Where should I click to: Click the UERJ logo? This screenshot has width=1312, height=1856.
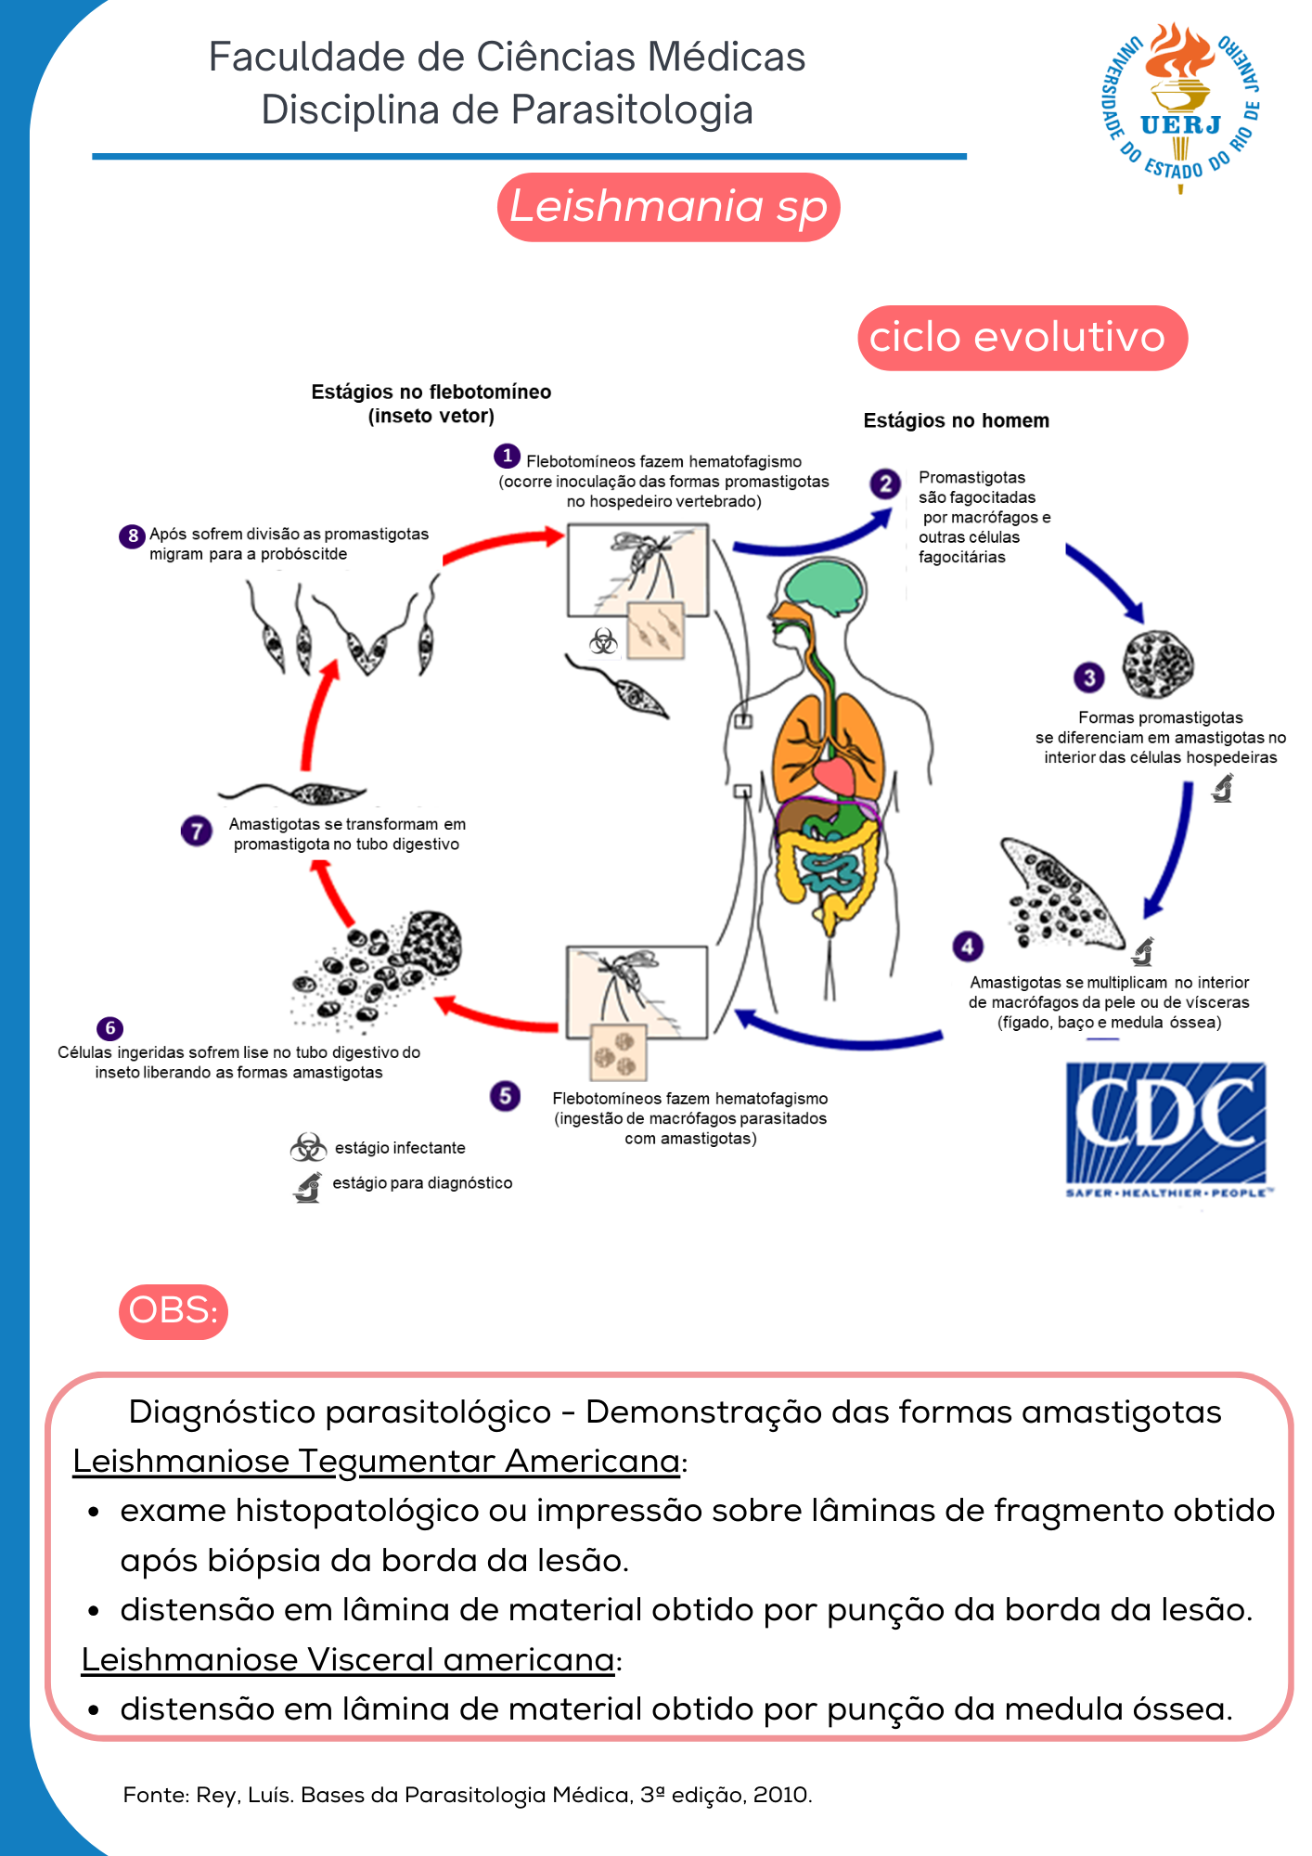pos(1180,107)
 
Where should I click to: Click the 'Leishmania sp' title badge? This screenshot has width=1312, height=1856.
pos(668,207)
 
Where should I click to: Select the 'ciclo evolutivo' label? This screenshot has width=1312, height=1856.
pos(1022,338)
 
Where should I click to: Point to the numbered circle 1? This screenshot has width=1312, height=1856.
pos(507,456)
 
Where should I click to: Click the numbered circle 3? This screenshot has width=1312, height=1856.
pos(1089,677)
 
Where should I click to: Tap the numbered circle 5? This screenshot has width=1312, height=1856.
pos(505,1096)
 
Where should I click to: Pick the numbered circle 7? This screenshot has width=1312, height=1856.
pos(196,831)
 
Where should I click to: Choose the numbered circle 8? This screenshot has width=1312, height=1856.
pos(133,535)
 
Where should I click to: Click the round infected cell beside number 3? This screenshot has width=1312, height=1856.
pos(1157,664)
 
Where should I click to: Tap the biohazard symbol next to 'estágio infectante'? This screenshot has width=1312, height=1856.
pos(307,1148)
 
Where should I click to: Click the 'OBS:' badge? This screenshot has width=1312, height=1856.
pos(174,1311)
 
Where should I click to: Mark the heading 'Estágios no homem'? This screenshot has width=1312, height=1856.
pos(956,420)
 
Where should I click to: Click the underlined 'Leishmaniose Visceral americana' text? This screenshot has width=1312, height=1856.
pos(347,1659)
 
